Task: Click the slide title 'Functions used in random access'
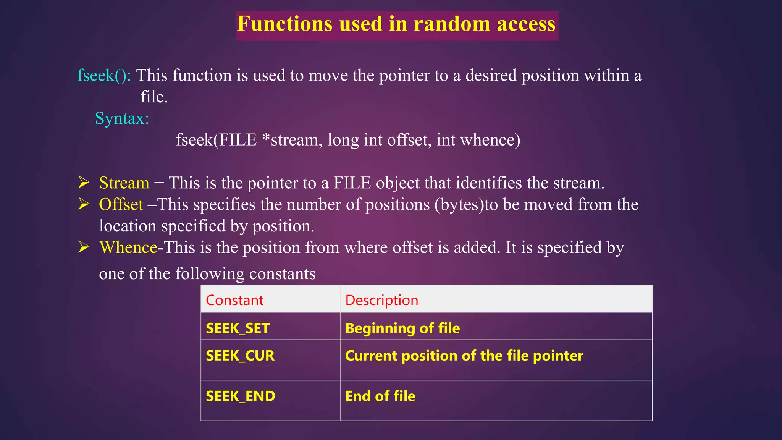396,24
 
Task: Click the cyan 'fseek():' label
104,75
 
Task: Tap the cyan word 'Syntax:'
122,118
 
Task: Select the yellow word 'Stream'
124,183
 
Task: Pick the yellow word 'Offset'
121,205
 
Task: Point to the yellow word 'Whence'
128,247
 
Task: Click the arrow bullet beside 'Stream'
84,183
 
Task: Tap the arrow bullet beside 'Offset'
84,204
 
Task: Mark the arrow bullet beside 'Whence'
84,247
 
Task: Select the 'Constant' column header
234,300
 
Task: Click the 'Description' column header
381,300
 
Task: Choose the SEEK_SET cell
238,328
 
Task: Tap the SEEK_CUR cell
240,356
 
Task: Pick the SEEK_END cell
240,396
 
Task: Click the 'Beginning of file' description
402,328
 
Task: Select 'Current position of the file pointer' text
464,356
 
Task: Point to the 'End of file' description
380,396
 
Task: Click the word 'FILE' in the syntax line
238,140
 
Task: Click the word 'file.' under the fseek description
154,97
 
